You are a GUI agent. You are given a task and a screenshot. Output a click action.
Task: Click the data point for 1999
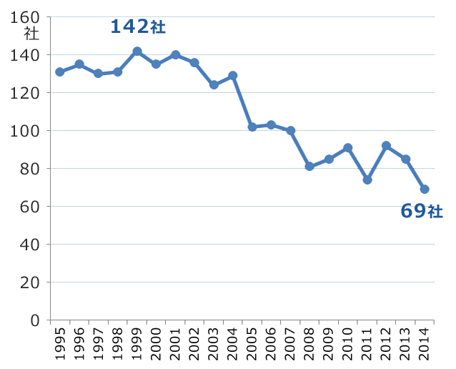137,51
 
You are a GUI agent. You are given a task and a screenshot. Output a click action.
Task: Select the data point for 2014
425,190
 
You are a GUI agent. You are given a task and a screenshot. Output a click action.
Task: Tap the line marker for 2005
252,127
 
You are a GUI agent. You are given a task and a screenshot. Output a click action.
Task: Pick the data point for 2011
367,180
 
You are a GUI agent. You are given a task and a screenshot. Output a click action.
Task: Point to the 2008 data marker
309,167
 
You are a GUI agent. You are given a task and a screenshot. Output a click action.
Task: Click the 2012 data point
387,146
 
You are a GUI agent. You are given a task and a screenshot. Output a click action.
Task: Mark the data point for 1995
60,72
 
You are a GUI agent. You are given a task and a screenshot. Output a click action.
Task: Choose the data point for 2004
233,76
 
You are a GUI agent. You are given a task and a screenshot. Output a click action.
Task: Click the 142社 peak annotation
138,27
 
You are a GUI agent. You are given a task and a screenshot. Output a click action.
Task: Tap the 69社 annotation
422,212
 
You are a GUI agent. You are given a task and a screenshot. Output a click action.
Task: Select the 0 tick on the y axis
34,320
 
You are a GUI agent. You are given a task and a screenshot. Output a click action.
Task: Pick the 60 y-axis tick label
30,207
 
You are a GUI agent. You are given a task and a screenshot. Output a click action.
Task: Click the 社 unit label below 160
31,34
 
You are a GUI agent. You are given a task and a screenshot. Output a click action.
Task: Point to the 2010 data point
348,148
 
